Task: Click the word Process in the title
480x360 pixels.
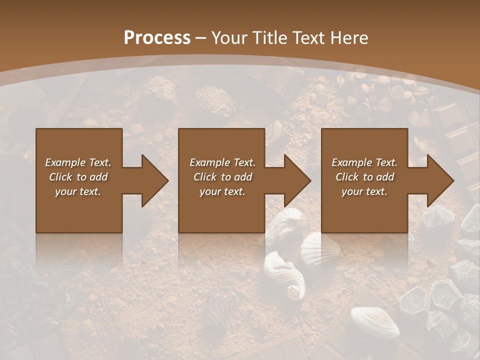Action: coord(157,38)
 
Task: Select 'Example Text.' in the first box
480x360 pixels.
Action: coord(78,162)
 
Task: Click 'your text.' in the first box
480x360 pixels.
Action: coord(78,191)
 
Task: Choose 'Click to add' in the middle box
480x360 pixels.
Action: coord(222,177)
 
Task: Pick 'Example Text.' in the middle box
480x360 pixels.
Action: coord(222,162)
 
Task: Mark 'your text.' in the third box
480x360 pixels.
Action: coord(364,191)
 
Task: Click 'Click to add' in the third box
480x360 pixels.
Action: coord(364,177)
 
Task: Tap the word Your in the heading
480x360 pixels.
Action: coord(230,38)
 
